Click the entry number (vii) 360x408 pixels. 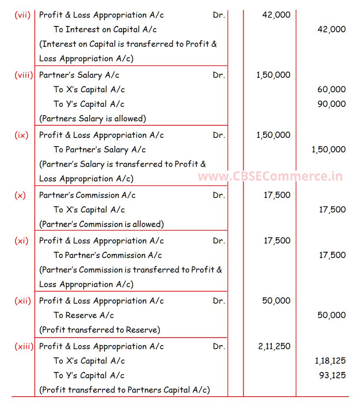(x=23, y=15)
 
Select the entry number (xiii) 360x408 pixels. (x=24, y=346)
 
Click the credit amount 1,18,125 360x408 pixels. (x=330, y=361)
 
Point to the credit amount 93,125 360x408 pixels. (x=332, y=375)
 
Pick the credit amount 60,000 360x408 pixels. (x=332, y=90)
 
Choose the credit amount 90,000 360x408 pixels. (x=332, y=104)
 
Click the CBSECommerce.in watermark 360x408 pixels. (x=270, y=176)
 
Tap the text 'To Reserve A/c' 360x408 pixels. (x=84, y=315)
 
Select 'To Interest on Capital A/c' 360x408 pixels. (x=105, y=30)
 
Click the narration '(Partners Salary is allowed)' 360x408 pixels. (x=93, y=119)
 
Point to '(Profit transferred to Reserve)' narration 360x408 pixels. (x=100, y=330)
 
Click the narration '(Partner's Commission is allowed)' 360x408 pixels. (x=101, y=224)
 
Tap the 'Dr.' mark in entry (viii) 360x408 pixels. (x=219, y=75)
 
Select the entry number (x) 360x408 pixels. (x=20, y=195)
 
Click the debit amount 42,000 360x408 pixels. (x=276, y=15)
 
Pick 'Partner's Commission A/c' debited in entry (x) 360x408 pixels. (x=87, y=195)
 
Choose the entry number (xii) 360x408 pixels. (x=23, y=301)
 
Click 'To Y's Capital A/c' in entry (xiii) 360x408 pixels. (x=89, y=375)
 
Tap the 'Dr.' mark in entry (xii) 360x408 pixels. (x=219, y=301)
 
